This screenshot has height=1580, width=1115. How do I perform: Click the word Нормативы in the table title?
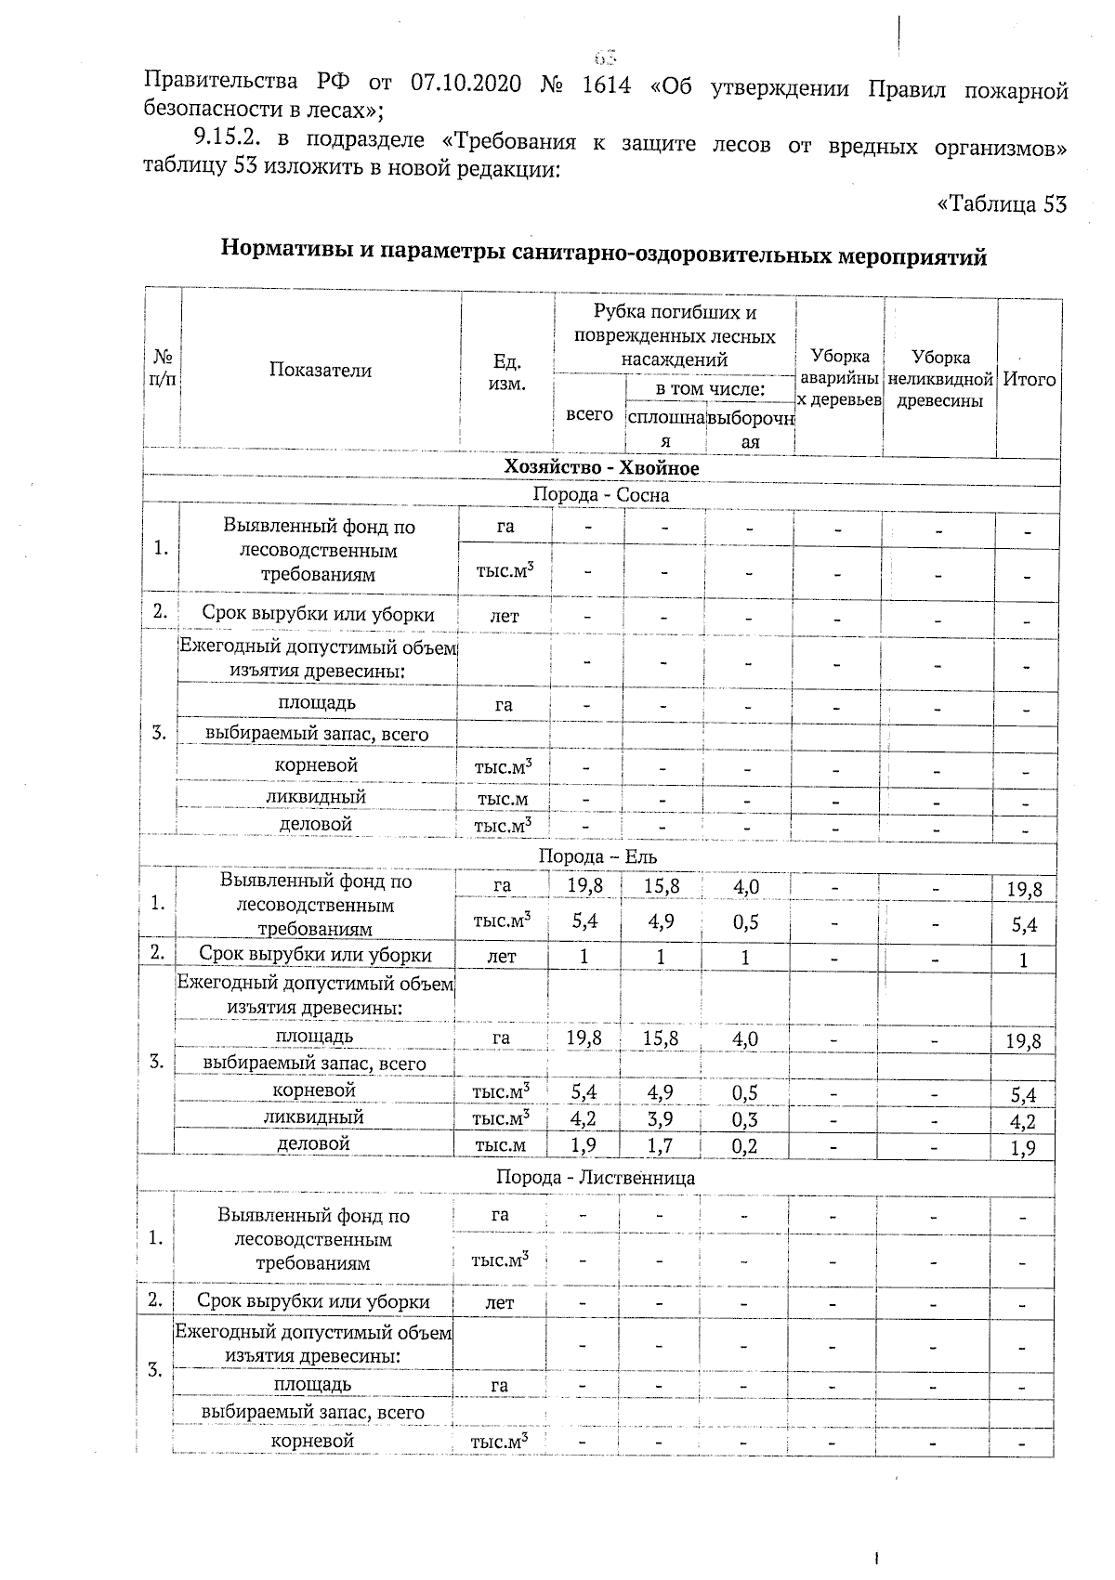(x=287, y=252)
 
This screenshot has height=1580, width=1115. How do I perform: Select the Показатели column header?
(x=321, y=370)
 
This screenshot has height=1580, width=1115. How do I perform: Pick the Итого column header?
(x=1029, y=379)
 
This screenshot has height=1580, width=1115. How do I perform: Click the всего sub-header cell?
(x=589, y=414)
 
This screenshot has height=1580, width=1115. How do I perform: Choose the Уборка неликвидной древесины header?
(x=939, y=379)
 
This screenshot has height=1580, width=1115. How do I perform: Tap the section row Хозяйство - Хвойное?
(x=601, y=468)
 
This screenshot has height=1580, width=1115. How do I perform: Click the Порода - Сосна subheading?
(x=601, y=495)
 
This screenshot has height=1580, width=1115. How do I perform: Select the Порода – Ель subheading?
(x=598, y=855)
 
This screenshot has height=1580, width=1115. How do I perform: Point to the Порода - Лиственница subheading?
(x=596, y=1178)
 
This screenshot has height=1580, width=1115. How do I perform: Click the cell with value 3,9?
(x=660, y=1118)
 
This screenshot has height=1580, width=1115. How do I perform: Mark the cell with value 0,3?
(x=745, y=1118)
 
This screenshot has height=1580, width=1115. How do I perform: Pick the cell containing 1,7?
(x=660, y=1145)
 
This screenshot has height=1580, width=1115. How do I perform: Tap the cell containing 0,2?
(x=745, y=1145)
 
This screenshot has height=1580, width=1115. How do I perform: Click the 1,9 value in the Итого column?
(x=1025, y=1148)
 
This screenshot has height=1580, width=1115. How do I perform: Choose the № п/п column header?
(x=163, y=370)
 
